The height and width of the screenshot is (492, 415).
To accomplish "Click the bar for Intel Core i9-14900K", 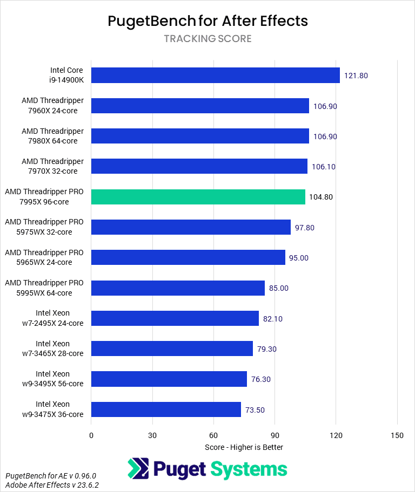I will [x=215, y=76].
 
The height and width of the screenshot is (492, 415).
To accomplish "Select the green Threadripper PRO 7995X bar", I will [x=198, y=197].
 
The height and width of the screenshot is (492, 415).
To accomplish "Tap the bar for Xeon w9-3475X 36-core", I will [x=166, y=409].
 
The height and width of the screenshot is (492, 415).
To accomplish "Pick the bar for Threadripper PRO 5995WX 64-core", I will [x=178, y=288].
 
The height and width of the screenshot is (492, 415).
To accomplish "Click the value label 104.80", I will [x=321, y=197].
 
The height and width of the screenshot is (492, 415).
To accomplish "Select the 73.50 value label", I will [x=257, y=409].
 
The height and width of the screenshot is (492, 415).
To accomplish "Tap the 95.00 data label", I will [x=298, y=258].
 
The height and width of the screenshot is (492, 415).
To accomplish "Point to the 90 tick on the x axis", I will [x=275, y=435].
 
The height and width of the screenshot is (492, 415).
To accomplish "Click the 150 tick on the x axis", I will [x=397, y=435].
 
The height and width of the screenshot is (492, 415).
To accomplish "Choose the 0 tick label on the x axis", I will [x=91, y=435].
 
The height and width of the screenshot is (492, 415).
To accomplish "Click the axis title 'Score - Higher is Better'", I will [x=244, y=447].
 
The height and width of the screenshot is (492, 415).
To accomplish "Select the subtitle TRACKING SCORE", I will [x=207, y=39].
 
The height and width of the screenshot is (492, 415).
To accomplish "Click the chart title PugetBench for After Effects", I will [x=207, y=21].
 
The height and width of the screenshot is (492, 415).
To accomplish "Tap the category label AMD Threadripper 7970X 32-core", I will [x=52, y=166].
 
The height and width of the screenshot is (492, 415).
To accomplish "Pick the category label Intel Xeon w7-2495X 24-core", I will [x=52, y=318].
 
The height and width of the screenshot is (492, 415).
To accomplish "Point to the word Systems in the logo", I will [x=249, y=469].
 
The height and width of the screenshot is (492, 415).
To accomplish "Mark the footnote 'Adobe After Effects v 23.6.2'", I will [x=52, y=485].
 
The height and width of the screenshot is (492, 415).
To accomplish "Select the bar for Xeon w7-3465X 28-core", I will [x=172, y=348].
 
